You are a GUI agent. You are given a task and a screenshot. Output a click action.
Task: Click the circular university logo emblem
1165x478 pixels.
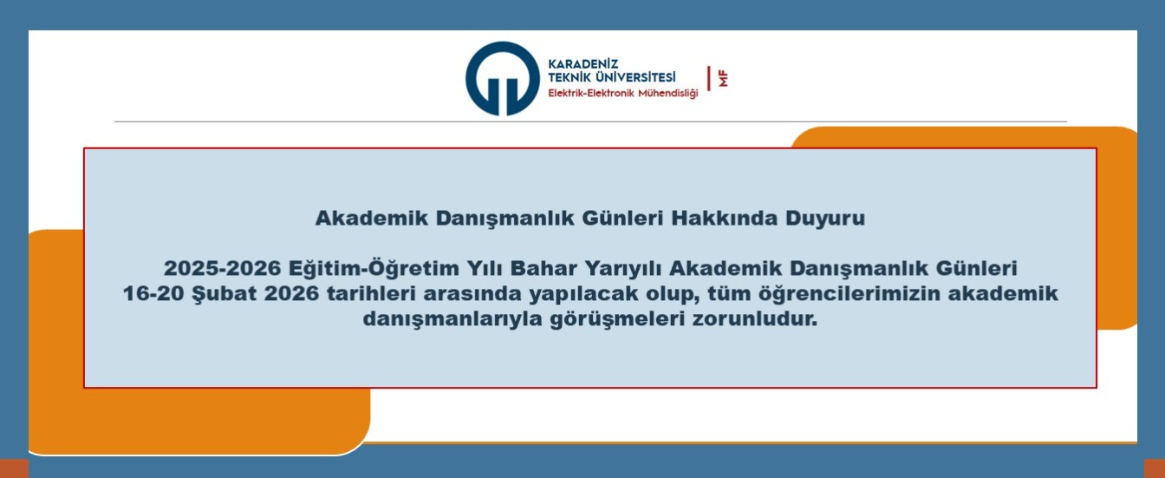pyautogui.click(x=503, y=79)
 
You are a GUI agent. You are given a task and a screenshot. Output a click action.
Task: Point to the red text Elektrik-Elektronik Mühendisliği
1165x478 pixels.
pyautogui.click(x=622, y=93)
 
